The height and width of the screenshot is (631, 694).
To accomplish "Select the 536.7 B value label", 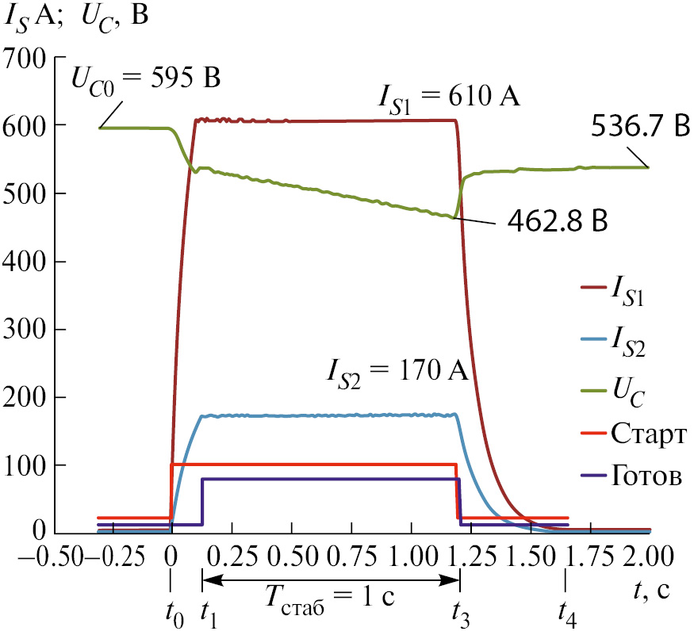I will (640, 127).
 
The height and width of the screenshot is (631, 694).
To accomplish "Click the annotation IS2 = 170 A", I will (400, 370).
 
